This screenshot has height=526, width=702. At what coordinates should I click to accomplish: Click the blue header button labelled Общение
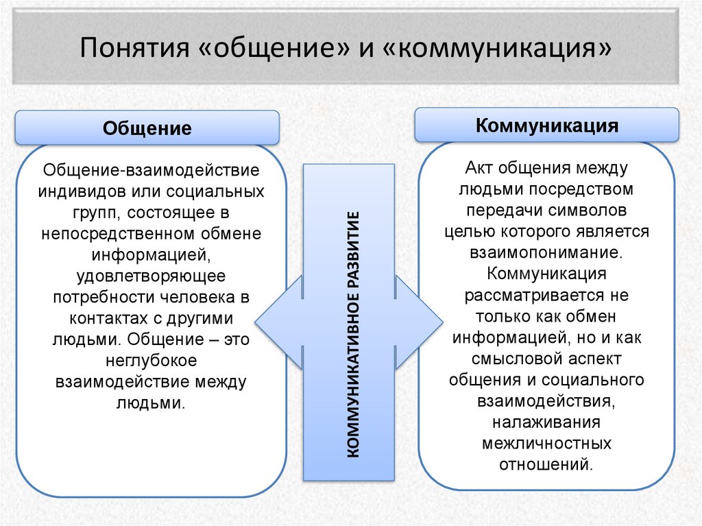point(147,128)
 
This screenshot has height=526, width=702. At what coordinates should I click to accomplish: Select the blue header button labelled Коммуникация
point(546,125)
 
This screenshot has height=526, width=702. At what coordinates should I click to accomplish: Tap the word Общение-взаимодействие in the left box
point(151,169)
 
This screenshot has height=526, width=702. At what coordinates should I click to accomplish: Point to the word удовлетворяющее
point(151,276)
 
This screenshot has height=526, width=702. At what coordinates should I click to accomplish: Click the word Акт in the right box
point(479,168)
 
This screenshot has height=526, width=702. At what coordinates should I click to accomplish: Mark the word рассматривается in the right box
point(546,296)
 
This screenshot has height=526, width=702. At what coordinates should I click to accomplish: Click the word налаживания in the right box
point(546,422)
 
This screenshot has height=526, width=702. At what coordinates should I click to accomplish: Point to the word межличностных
point(546,443)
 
